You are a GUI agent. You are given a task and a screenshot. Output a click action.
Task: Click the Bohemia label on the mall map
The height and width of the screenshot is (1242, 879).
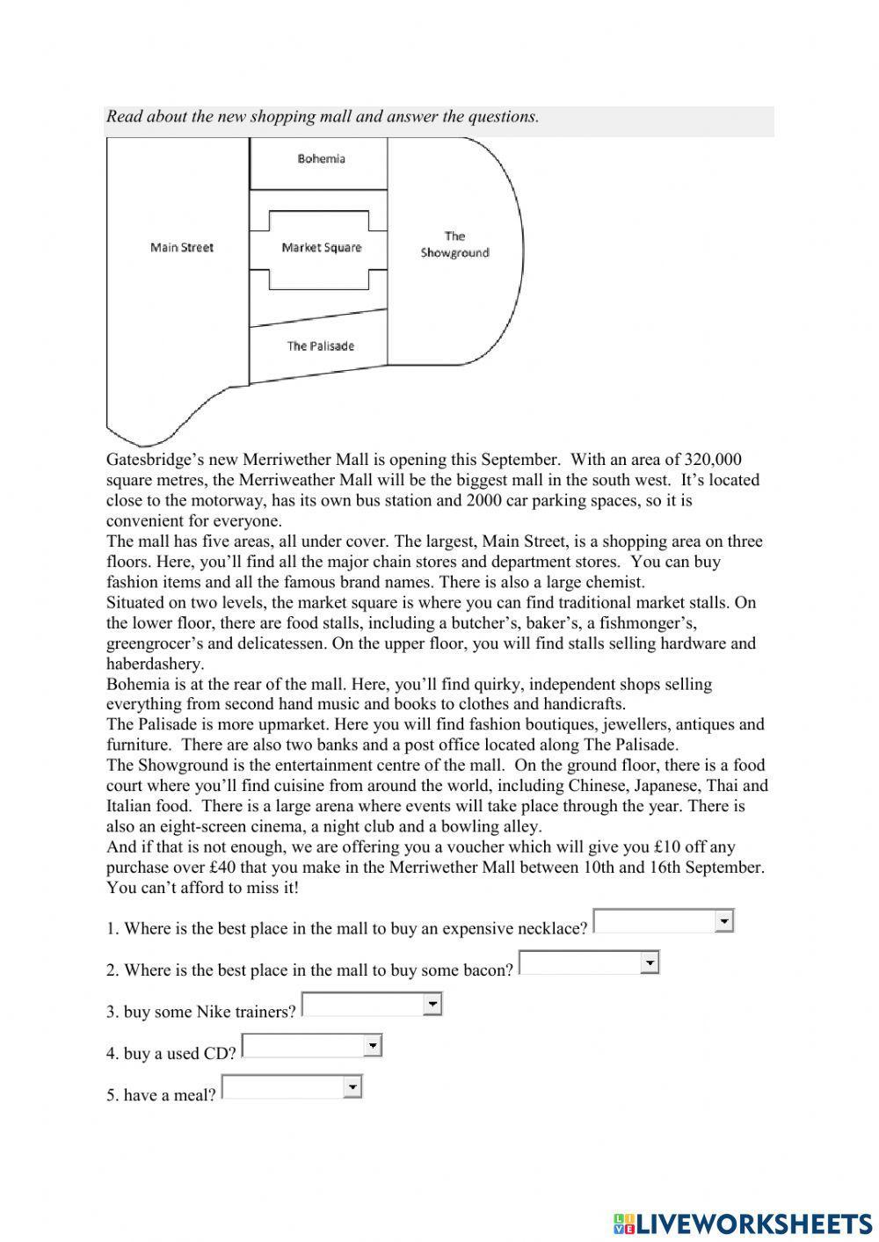coord(321,159)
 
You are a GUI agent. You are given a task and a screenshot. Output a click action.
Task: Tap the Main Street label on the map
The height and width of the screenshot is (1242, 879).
coord(182,248)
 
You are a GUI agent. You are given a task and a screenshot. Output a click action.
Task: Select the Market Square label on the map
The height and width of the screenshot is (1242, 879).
coord(321,248)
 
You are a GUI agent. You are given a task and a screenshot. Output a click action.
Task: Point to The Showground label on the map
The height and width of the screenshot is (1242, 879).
coord(454,244)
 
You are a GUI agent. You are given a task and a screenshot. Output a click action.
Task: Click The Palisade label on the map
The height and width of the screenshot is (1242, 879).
coord(320,346)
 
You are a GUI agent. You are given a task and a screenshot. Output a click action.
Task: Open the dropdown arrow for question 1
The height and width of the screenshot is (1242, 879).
coord(724,921)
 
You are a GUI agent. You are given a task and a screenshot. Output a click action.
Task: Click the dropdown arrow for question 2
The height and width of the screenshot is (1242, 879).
coord(650,963)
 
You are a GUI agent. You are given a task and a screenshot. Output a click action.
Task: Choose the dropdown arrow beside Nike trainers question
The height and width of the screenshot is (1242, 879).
coord(432,1004)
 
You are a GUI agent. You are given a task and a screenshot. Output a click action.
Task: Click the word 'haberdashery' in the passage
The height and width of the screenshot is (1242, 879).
coord(155,664)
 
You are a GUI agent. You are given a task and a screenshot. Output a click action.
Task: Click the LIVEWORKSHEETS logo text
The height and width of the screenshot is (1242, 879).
coord(753,1224)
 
